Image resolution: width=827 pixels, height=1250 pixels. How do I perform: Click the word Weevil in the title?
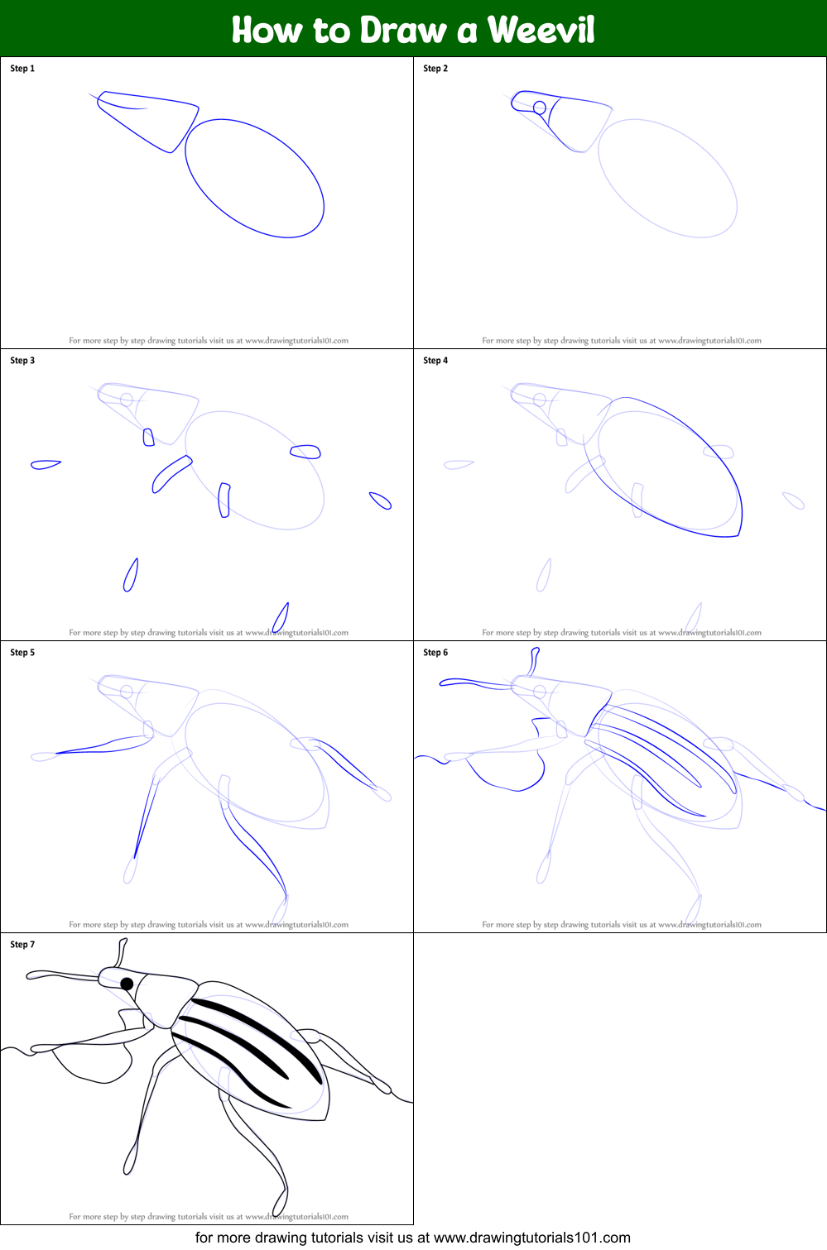[x=541, y=31]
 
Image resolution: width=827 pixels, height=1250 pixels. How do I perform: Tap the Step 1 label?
[x=22, y=69]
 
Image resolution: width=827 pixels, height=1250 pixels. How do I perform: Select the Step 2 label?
[x=435, y=69]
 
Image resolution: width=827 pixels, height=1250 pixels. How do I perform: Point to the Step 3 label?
[x=22, y=361]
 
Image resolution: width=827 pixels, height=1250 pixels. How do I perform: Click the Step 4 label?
[x=435, y=361]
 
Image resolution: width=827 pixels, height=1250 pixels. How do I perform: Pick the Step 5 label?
[x=22, y=653]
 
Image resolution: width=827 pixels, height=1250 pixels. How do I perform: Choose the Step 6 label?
[x=435, y=653]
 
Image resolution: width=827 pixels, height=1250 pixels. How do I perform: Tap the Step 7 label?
[x=22, y=945]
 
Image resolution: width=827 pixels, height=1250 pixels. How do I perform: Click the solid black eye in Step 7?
[x=127, y=984]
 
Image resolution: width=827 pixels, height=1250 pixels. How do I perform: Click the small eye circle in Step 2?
[x=540, y=108]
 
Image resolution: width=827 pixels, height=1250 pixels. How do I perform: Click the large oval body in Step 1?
[x=254, y=178]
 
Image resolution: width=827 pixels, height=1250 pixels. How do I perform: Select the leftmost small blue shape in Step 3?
[x=45, y=465]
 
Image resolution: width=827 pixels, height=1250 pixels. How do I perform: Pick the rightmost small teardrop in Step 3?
[x=380, y=500]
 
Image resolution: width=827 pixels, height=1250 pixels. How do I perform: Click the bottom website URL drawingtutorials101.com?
[x=531, y=1238]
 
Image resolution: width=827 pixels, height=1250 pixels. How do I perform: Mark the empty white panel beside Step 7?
[x=620, y=1079]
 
